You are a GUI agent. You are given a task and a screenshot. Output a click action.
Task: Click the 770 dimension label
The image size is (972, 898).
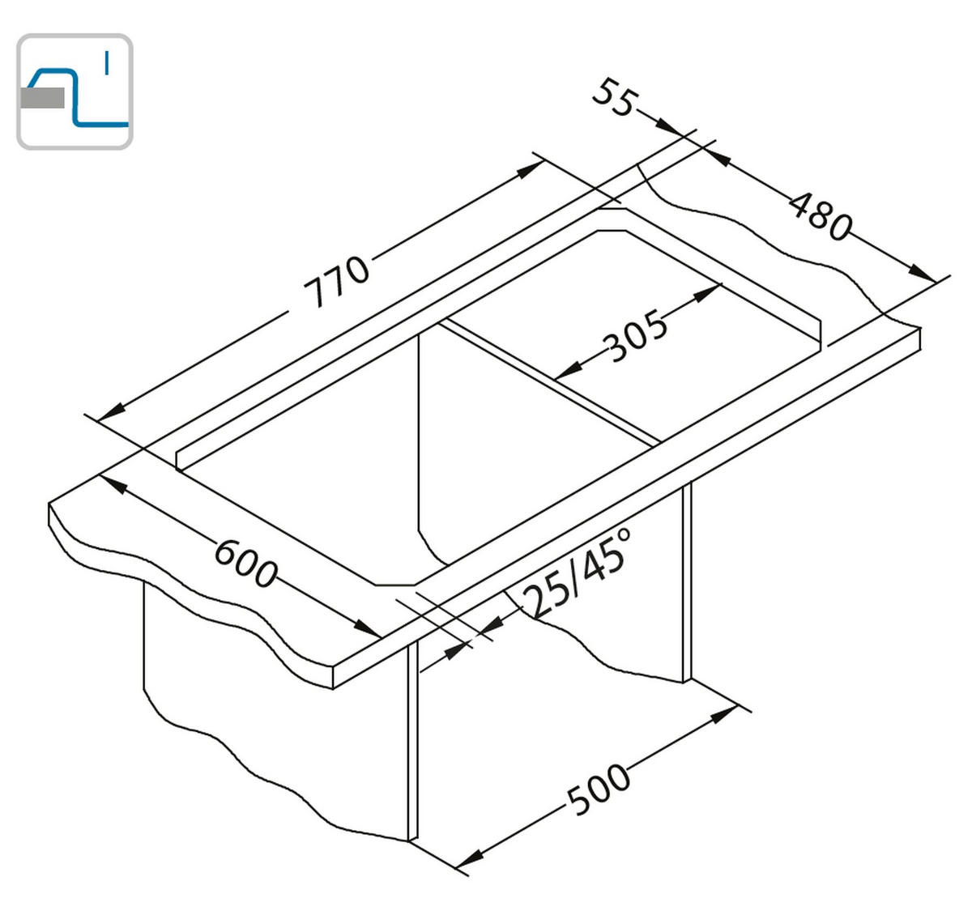[336, 280]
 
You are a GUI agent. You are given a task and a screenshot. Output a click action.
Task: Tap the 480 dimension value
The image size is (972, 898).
[821, 217]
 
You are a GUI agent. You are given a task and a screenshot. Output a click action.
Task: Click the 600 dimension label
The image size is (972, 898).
[246, 564]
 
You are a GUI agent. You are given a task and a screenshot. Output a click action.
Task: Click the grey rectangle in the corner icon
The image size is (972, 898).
[43, 98]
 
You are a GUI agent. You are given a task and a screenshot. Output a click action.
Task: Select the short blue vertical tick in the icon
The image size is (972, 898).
[106, 64]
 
